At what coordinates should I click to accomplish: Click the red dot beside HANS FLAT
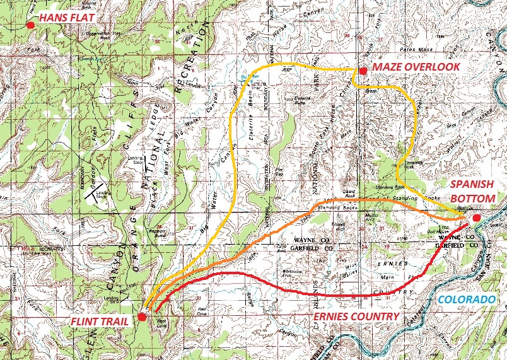[x=30, y=25]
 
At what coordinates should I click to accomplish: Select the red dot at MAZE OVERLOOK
[x=362, y=71]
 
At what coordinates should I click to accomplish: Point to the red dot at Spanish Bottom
[x=476, y=218]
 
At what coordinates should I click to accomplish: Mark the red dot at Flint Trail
[x=142, y=316]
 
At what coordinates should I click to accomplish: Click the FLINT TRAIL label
[x=102, y=321]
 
